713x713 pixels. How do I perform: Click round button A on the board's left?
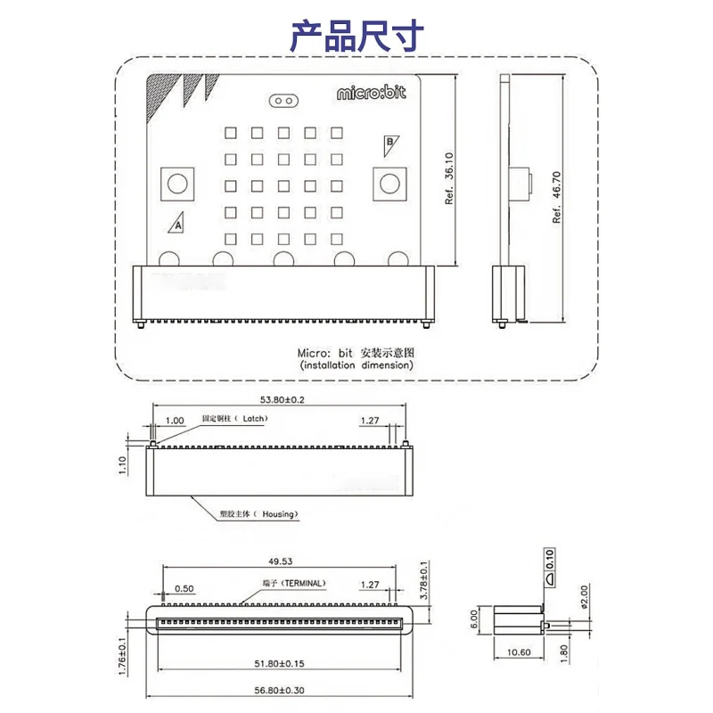click(x=177, y=184)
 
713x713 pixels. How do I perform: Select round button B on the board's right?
click(x=389, y=184)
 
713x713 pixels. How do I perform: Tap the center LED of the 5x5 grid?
click(x=284, y=185)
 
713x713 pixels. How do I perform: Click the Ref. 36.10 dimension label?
click(x=450, y=179)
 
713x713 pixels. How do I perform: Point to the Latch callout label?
click(x=234, y=418)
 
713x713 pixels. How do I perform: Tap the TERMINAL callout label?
click(x=294, y=584)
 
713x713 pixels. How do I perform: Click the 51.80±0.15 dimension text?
click(x=278, y=663)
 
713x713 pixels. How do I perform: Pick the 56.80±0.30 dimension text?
click(x=278, y=691)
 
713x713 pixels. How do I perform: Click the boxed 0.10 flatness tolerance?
click(x=550, y=557)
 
